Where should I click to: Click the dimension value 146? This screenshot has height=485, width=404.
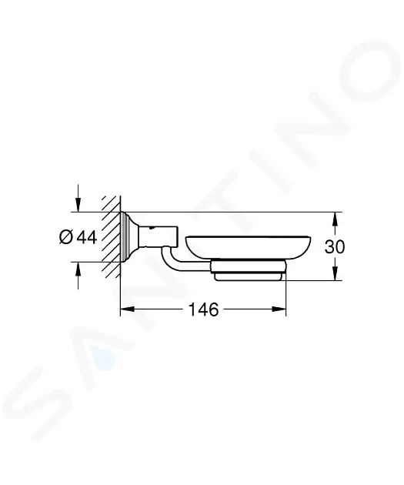[203, 309]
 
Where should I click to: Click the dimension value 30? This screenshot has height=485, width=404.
[335, 247]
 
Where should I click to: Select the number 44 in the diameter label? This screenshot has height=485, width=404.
[87, 237]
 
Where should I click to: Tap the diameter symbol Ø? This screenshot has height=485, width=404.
[66, 237]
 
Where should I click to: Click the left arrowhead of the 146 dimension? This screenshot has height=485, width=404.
[127, 309]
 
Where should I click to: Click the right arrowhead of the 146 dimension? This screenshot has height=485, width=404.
[279, 309]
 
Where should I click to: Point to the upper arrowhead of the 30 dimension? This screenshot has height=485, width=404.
[334, 219]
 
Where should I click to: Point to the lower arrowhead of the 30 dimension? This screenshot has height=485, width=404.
[334, 273]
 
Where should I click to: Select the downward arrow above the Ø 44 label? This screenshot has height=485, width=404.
[78, 199]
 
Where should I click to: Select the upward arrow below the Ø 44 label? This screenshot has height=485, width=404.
[78, 276]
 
